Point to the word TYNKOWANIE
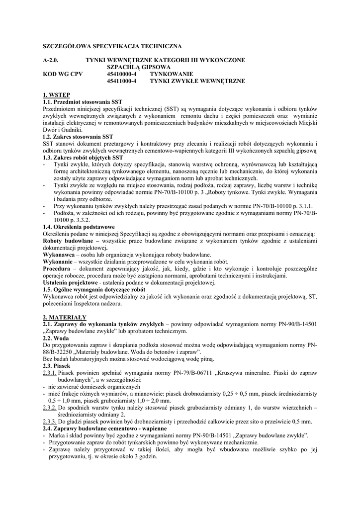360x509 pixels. pos(172,74)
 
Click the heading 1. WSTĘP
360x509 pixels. pos(57,94)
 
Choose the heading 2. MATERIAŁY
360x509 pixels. pos(65,317)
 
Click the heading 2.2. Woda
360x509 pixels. pos(56,338)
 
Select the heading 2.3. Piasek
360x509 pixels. pos(58,365)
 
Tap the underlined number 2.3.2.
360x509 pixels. pos(50,407)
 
